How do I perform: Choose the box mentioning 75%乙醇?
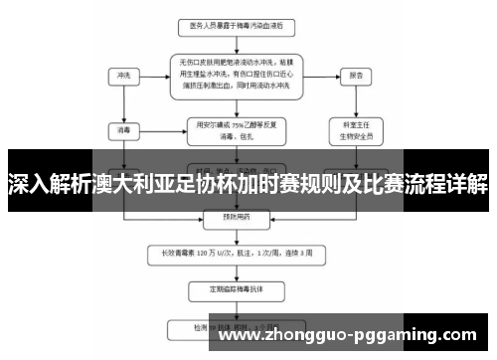pyautogui.click(x=236, y=129)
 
